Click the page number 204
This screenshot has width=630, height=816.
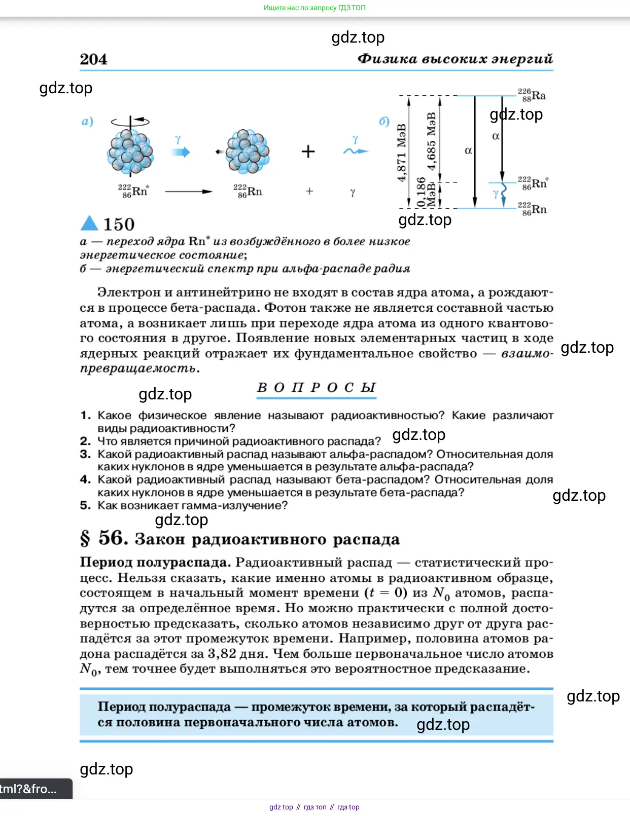click(x=93, y=59)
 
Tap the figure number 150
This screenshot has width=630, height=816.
click(x=119, y=225)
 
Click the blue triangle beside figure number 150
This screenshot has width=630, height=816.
click(x=89, y=223)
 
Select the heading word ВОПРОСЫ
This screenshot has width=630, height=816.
click(x=316, y=388)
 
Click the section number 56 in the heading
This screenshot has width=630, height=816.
click(x=113, y=538)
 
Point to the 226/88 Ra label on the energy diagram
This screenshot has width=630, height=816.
click(x=532, y=95)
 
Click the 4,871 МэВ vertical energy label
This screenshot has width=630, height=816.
click(x=402, y=152)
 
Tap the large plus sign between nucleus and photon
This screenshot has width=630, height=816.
click(x=308, y=152)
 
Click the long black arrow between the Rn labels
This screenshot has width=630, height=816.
click(x=188, y=192)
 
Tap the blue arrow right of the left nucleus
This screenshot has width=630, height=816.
click(x=180, y=152)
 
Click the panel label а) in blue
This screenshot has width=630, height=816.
click(x=87, y=121)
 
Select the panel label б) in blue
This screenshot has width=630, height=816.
click(x=384, y=121)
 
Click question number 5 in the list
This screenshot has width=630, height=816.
click(x=85, y=505)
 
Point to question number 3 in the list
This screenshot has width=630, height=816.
click(x=85, y=454)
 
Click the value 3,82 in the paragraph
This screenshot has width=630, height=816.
click(x=222, y=654)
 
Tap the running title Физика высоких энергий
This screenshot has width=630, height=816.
click(x=455, y=59)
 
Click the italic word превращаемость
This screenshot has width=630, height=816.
click(x=138, y=368)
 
